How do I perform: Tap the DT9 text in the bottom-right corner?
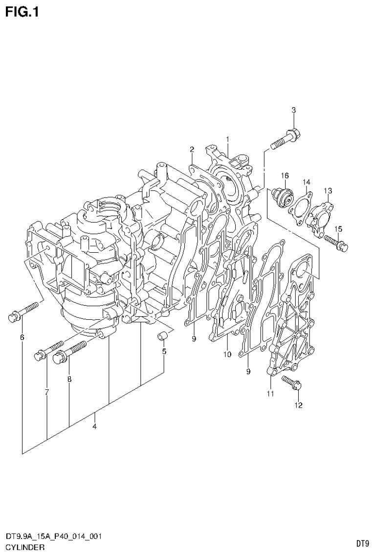pyautogui.click(x=362, y=543)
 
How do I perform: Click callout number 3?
pyautogui.click(x=293, y=110)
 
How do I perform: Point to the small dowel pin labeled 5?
pyautogui.click(x=164, y=336)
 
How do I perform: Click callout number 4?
pyautogui.click(x=94, y=426)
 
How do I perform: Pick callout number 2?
pyautogui.click(x=192, y=149)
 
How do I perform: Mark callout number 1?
pyautogui.click(x=227, y=139)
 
